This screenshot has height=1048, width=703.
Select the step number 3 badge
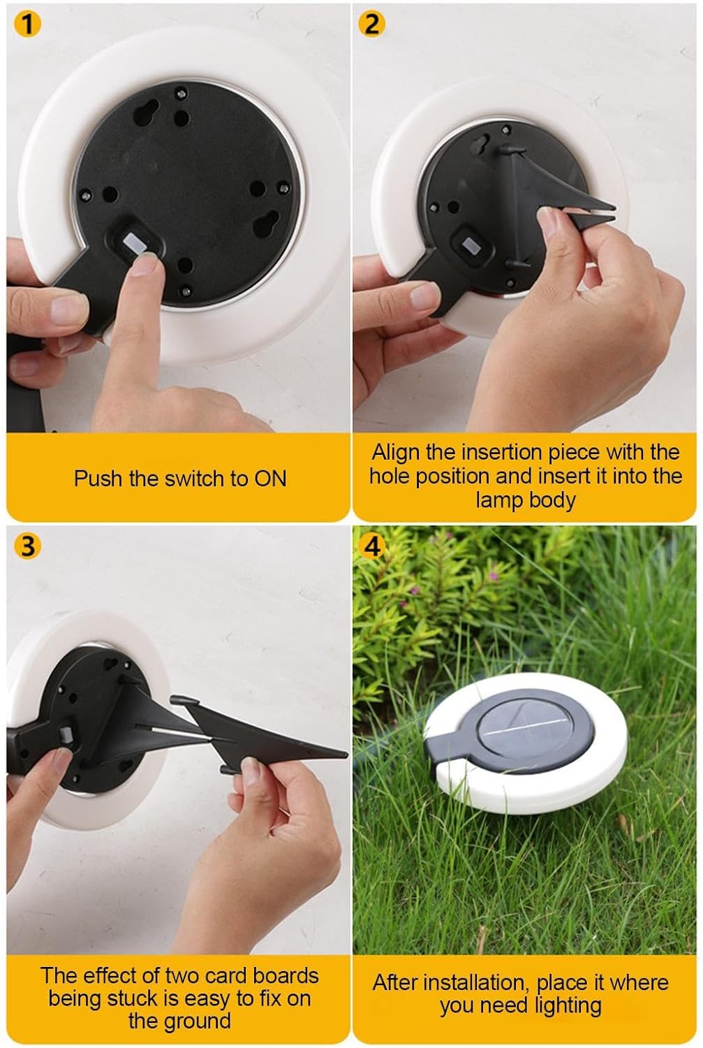pyautogui.click(x=28, y=546)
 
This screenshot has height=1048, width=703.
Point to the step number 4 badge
pyautogui.click(x=371, y=546)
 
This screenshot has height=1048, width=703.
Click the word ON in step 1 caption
pyautogui.click(x=270, y=479)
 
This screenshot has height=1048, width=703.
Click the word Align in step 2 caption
pyautogui.click(x=397, y=453)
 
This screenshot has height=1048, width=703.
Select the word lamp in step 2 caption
pyautogui.click(x=498, y=501)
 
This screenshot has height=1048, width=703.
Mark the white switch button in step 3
pyautogui.click(x=65, y=734)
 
